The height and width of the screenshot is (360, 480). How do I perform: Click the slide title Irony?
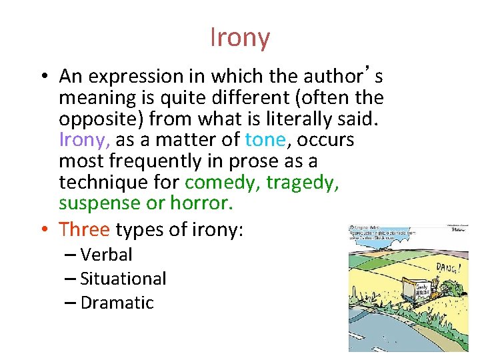coord(240,37)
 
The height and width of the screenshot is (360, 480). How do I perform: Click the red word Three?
coord(84,229)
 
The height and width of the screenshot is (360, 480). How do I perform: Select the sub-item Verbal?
coord(106,255)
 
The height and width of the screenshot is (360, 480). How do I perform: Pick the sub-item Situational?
coord(123,279)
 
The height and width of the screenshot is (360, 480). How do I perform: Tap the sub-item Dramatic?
coord(117,303)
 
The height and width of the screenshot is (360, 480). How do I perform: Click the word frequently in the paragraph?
coord(150,161)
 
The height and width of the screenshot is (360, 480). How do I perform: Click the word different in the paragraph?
coord(211,97)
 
